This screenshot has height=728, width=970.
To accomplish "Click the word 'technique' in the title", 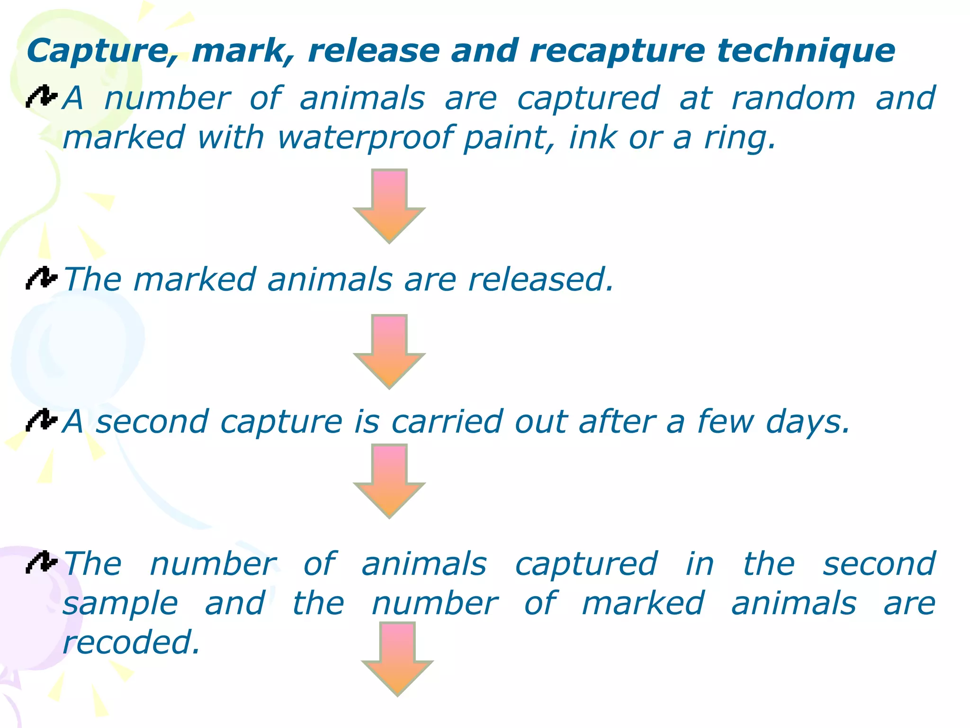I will click(806, 51).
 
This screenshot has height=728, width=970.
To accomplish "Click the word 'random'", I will click(793, 98).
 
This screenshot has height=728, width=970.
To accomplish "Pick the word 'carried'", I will click(447, 421).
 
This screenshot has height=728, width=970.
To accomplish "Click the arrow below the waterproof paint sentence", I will click(389, 206).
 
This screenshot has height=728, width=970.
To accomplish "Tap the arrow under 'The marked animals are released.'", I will click(389, 351).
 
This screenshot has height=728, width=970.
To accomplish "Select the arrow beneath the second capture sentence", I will click(389, 481).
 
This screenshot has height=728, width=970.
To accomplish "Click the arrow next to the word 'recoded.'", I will click(397, 659).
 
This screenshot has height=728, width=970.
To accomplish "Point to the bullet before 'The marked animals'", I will click(42, 278).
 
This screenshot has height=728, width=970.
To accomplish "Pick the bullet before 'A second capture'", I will click(42, 420).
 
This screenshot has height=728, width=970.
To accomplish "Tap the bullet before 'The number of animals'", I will click(42, 563).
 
